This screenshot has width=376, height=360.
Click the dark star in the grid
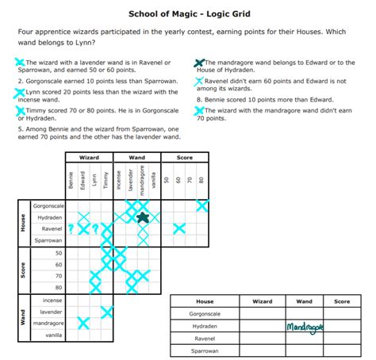(143, 216)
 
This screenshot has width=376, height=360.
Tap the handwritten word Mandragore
(305, 327)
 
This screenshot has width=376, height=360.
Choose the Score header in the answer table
(342, 301)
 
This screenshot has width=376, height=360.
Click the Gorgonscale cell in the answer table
(205, 313)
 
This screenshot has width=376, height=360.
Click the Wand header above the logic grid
(136, 158)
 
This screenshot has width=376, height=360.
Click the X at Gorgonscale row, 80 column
(202, 206)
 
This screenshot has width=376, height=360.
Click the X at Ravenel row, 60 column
(178, 228)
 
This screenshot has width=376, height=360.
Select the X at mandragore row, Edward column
(82, 323)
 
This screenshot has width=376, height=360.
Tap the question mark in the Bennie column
(71, 228)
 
